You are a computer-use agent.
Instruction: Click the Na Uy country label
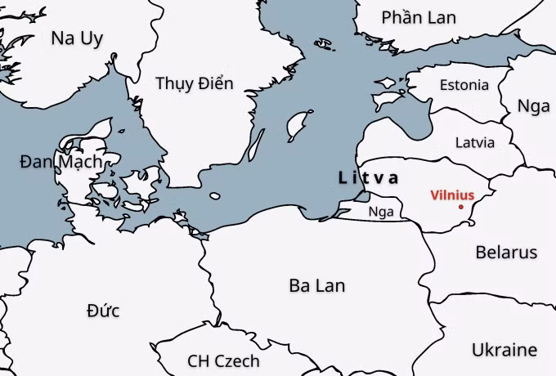click(77, 38)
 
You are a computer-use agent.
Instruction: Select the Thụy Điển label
click(194, 83)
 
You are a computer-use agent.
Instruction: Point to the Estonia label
click(464, 85)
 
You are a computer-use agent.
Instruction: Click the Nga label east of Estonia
click(534, 105)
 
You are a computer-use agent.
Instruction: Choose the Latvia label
click(474, 142)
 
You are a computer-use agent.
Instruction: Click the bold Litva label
click(369, 177)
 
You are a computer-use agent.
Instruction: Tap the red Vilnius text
click(452, 195)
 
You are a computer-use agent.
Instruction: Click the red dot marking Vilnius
click(461, 207)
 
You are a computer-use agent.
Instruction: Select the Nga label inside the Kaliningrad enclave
click(381, 212)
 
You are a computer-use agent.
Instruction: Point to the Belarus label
click(506, 252)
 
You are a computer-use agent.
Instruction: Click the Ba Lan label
click(316, 285)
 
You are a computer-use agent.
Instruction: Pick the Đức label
click(103, 311)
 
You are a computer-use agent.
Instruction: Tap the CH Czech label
click(223, 360)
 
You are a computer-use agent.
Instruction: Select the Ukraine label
click(504, 350)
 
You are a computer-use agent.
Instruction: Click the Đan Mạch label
click(61, 162)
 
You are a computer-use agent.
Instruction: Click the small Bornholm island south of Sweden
click(215, 196)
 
